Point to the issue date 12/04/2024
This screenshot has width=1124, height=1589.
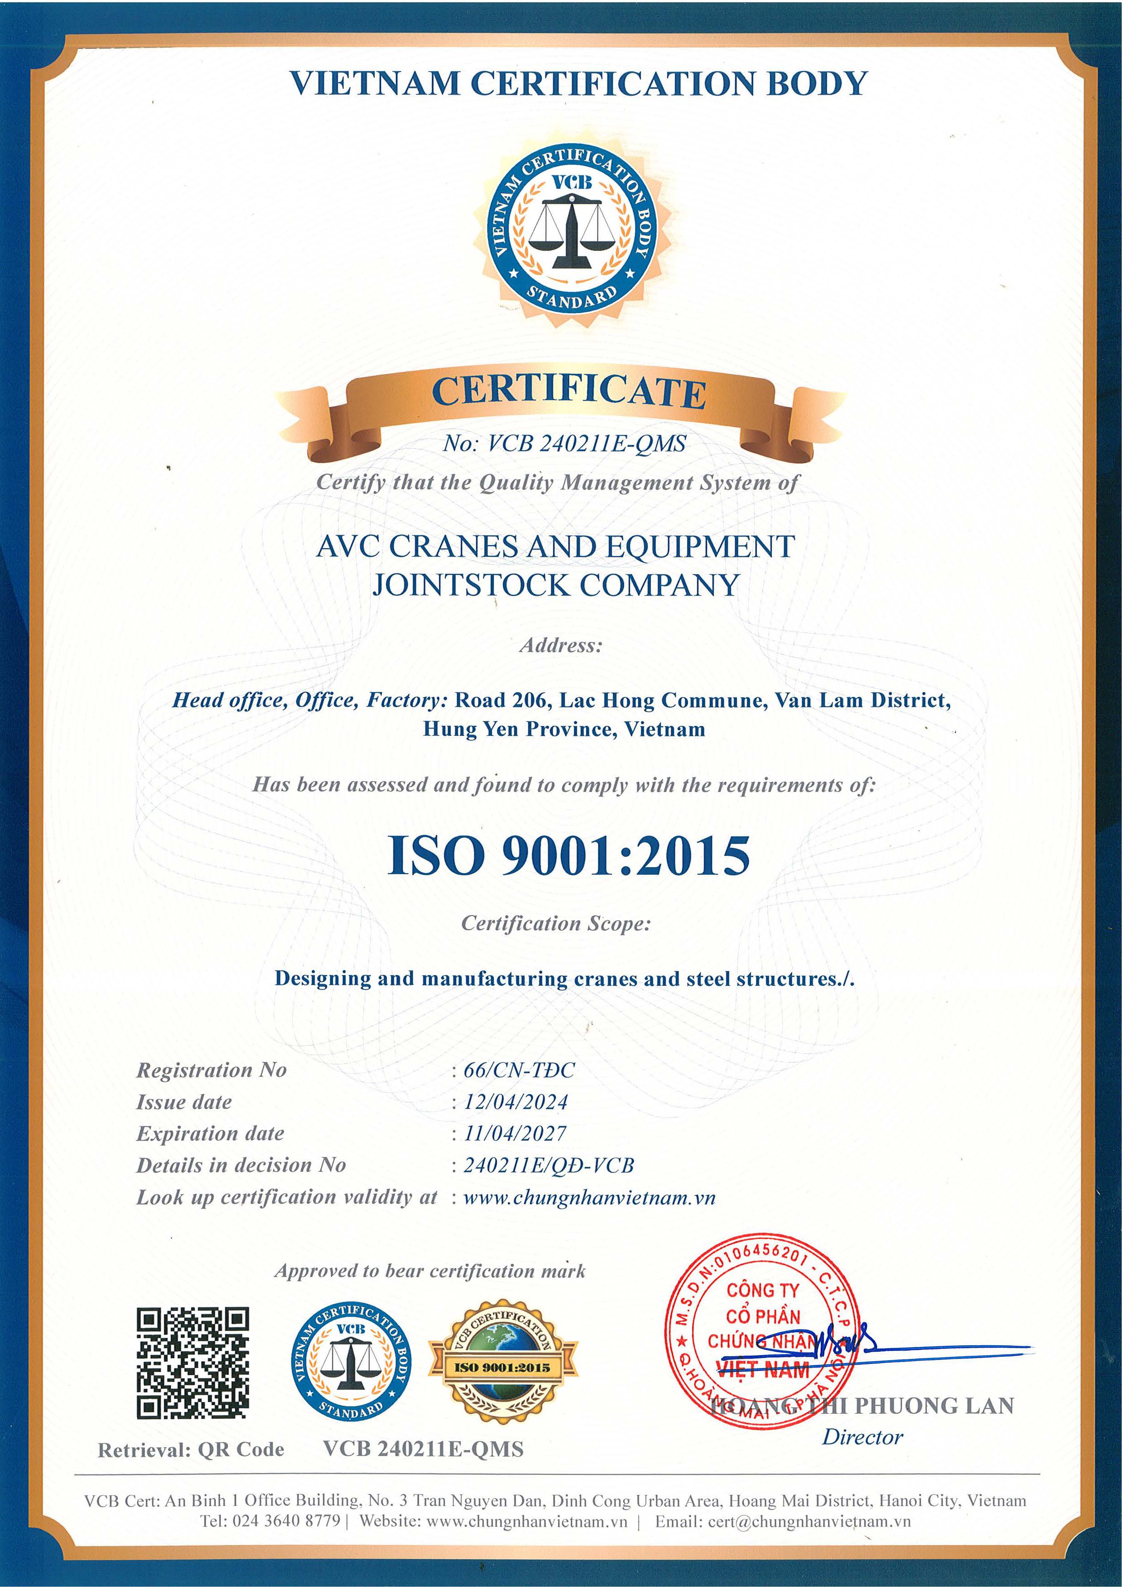pos(516,1102)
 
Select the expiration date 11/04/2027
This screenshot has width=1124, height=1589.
pos(515,1133)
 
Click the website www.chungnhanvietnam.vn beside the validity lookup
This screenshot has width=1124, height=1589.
pos(589,1197)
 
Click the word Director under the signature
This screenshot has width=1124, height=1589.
pos(862,1437)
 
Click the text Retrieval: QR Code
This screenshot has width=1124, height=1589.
pos(191,1450)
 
